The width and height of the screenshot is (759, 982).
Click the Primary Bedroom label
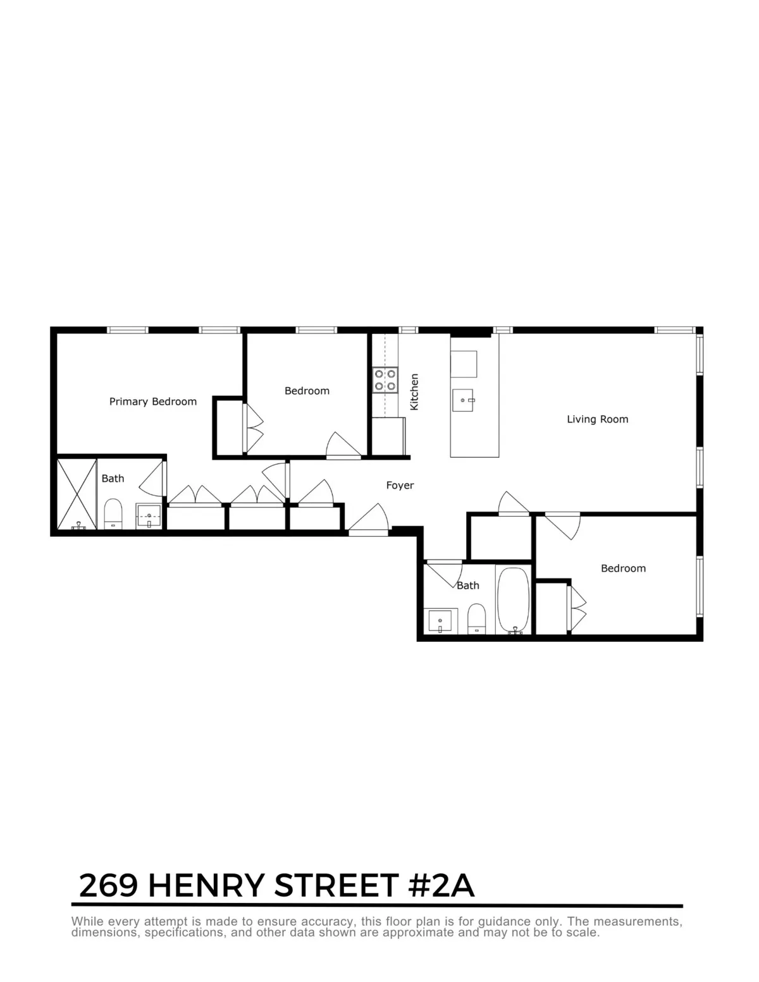153,402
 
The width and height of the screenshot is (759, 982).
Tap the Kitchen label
415,391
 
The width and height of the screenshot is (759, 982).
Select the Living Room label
597,419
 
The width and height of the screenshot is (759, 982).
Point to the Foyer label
400,486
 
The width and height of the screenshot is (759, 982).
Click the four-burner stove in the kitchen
385,379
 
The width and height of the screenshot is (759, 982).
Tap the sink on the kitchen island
464,400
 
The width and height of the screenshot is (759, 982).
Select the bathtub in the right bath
512,600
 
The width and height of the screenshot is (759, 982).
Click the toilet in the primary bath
113,513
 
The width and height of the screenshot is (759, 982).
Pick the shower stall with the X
77,494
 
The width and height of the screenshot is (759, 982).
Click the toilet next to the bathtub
476,618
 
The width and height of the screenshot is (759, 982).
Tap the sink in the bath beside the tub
441,621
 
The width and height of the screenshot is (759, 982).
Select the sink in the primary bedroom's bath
150,516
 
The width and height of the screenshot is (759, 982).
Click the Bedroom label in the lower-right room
623,568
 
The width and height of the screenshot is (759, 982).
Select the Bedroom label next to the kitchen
307,391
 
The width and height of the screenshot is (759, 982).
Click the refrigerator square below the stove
388,436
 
